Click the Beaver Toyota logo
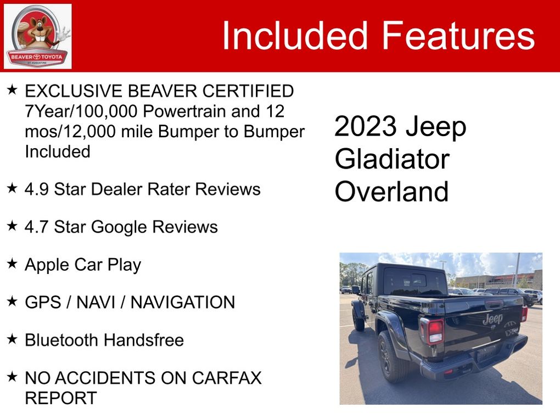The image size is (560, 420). [x=37, y=36]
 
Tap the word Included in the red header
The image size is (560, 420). [x=295, y=35]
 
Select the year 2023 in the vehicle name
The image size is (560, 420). [x=365, y=126]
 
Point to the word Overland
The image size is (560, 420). [x=391, y=192]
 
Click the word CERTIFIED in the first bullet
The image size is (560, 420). [x=248, y=91]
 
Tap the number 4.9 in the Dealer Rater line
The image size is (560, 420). [x=36, y=189]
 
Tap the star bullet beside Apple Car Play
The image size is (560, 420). [x=12, y=264]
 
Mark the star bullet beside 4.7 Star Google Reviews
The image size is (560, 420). [x=12, y=226]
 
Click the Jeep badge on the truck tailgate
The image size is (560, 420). [x=492, y=319]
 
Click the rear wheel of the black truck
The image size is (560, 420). [x=392, y=357]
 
